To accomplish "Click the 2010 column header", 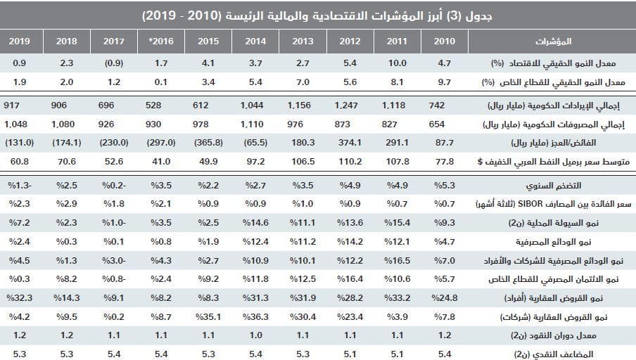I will (445, 41).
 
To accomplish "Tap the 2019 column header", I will (20, 41).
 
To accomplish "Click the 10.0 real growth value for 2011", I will (397, 63).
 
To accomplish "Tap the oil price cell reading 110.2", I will (350, 161).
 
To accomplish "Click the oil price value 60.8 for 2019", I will (19, 161).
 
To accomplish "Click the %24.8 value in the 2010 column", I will (443, 297).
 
